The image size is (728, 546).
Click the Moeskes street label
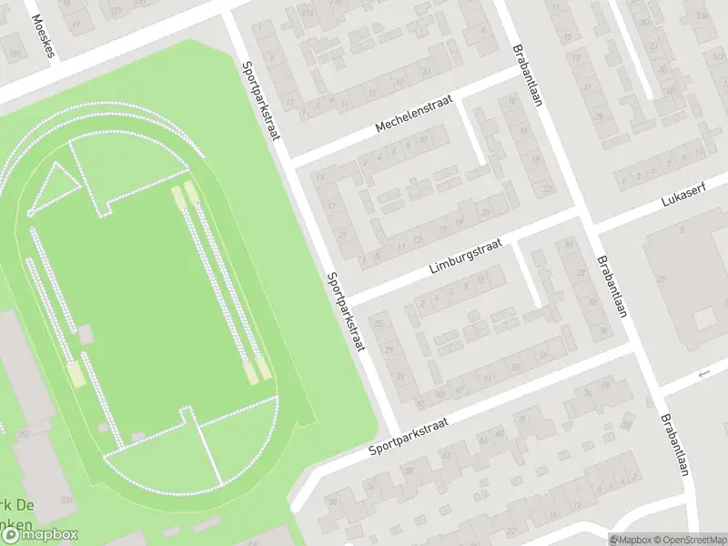click(42, 35)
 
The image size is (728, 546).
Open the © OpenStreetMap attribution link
click(684, 540)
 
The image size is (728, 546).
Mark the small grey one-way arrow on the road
click(702, 374)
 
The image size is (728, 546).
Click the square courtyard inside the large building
click(703, 318)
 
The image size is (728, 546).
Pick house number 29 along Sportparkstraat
click(390, 349)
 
